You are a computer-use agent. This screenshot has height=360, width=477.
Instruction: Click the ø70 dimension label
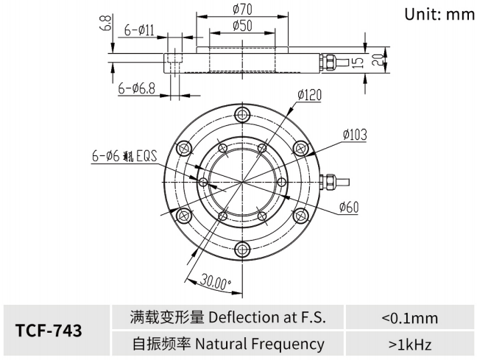(x=244, y=10)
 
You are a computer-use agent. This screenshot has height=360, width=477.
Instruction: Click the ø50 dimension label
(x=244, y=25)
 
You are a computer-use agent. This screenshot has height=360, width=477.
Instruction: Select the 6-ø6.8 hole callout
(x=137, y=88)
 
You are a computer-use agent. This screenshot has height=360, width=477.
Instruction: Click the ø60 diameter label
(x=349, y=208)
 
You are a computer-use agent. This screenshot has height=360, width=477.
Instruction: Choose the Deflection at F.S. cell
(x=227, y=318)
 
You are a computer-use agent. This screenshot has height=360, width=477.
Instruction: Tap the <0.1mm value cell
(x=409, y=318)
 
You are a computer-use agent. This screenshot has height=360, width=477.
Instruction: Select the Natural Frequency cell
(x=227, y=344)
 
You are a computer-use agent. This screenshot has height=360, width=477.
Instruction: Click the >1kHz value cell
(x=409, y=344)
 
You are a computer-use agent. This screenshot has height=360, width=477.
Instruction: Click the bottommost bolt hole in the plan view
(x=243, y=250)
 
